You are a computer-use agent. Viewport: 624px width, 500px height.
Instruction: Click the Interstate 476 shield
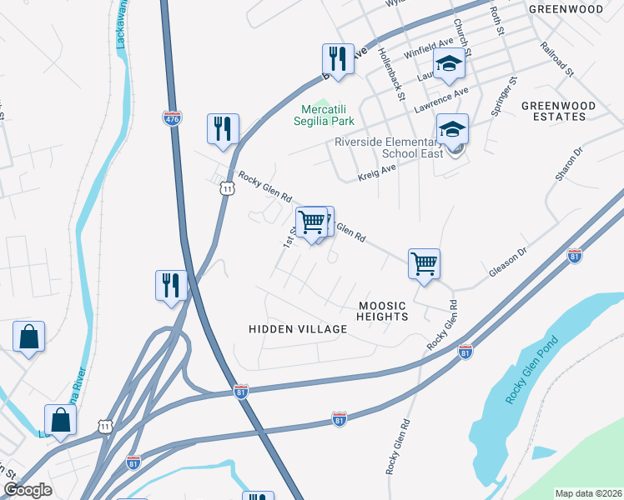coord(172,117)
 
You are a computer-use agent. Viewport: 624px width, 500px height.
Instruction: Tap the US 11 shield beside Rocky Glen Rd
coord(227,189)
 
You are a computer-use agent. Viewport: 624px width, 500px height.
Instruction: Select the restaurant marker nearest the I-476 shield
coord(223,130)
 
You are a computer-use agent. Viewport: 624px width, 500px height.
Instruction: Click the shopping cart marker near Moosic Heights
coord(424,264)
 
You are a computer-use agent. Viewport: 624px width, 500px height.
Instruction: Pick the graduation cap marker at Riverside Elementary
coord(452,130)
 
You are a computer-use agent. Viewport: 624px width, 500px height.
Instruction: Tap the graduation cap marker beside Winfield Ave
coord(449,65)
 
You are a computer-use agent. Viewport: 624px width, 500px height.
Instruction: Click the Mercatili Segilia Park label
coord(328,115)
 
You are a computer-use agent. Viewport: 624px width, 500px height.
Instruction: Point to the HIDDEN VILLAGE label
coord(298,329)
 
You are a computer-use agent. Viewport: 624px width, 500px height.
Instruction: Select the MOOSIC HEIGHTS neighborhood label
coord(383,311)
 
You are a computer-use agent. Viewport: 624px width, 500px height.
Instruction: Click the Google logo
coord(28,489)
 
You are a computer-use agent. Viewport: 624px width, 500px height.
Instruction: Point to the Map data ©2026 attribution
coord(588,493)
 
